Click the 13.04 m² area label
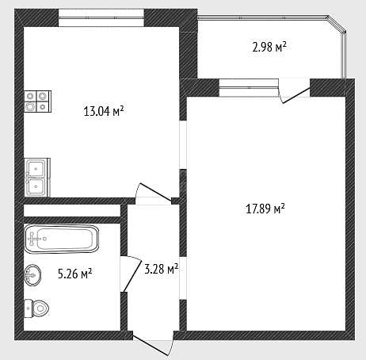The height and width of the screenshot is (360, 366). [104, 111]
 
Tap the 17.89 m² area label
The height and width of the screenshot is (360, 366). [265, 209]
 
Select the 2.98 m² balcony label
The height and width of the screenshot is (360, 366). [269, 47]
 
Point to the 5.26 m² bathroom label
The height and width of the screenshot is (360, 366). [74, 274]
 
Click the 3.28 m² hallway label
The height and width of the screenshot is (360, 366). [162, 269]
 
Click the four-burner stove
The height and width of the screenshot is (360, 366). [37, 101]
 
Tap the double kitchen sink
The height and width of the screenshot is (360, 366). [37, 178]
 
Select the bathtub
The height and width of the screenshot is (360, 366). [62, 239]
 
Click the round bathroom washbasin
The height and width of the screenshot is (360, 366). [32, 275]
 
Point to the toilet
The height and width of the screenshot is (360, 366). [36, 308]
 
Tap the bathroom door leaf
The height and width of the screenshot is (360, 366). [132, 275]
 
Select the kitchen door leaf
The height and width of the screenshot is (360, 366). [156, 192]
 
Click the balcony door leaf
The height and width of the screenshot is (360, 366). [296, 95]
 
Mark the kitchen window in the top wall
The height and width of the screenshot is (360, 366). [101, 17]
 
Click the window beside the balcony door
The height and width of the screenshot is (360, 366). [249, 88]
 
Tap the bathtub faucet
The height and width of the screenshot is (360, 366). [33, 239]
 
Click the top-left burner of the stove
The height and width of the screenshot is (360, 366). [30, 95]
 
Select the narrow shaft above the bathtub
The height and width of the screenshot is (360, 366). [72, 211]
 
